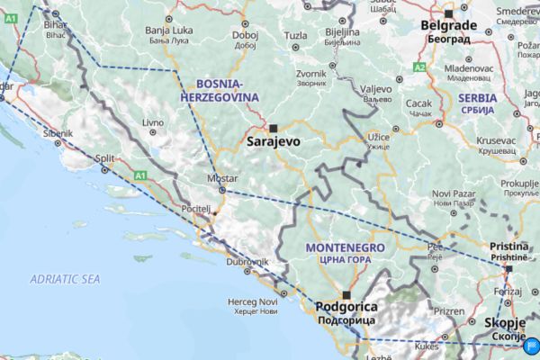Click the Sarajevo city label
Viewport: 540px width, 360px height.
(274, 141)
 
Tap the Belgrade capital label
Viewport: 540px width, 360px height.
(449, 25)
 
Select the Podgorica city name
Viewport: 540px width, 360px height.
(346, 307)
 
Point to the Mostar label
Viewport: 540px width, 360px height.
(222, 178)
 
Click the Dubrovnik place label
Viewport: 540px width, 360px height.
(247, 261)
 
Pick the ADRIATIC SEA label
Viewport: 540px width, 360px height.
(64, 280)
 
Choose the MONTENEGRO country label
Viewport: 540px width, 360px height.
(345, 247)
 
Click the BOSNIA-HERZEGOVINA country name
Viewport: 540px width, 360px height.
(211, 89)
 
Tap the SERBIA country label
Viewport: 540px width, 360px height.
(476, 97)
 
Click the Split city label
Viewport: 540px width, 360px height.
(106, 158)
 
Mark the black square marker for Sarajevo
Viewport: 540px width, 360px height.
(274, 127)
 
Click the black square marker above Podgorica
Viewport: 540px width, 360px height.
(346, 293)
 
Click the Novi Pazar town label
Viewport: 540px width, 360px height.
(453, 193)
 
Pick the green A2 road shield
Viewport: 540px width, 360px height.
(419, 67)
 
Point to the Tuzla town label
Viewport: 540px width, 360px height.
(295, 36)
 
